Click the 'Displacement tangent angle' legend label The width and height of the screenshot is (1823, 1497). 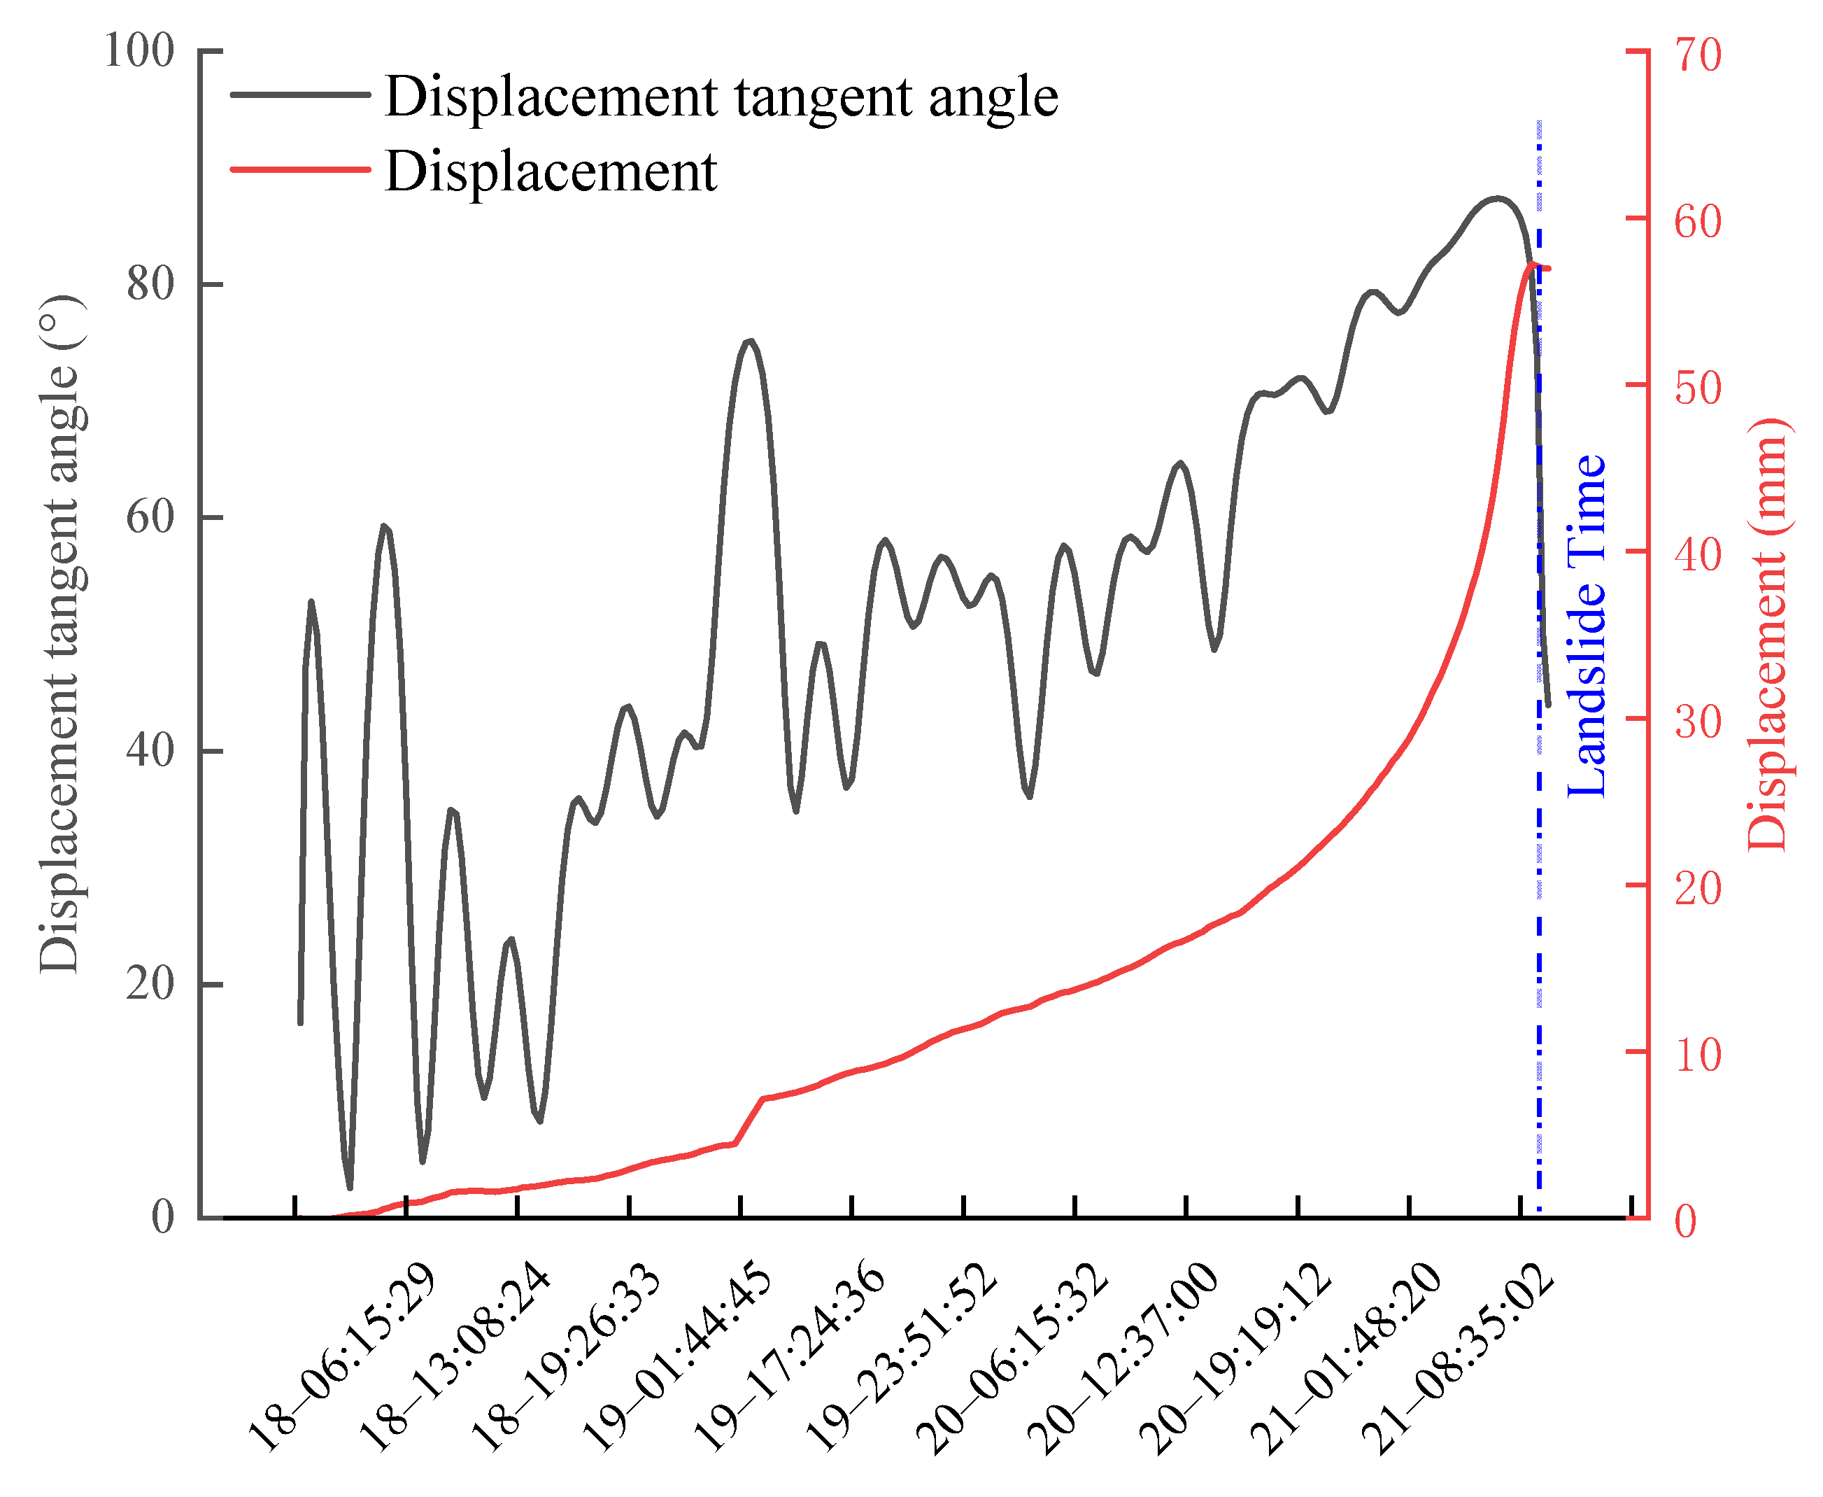pos(721,97)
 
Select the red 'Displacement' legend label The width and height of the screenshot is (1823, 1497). pos(550,171)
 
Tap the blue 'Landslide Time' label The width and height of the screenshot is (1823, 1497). pos(1587,625)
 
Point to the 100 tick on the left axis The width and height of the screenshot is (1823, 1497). pos(139,51)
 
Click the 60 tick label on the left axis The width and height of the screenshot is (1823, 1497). pos(150,519)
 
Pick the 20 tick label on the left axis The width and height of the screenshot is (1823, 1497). pos(150,984)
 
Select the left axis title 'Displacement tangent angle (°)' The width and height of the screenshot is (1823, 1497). pos(60,634)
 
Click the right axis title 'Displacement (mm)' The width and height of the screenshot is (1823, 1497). pos(1768,634)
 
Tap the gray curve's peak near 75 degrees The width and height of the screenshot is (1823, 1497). pos(750,341)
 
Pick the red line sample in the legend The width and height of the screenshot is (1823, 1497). pos(300,170)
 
